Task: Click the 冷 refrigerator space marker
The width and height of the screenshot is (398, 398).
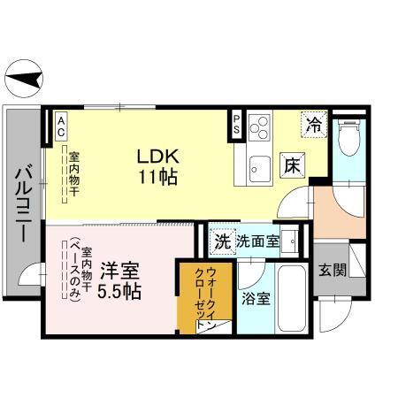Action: (x=313, y=125)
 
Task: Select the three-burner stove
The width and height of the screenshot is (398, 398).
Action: (x=259, y=130)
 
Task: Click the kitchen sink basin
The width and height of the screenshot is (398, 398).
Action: (x=260, y=164)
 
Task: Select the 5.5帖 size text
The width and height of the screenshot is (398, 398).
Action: (x=117, y=290)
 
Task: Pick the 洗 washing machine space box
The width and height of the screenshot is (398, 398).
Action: (x=222, y=241)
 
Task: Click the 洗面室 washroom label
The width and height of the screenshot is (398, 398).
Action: (x=257, y=241)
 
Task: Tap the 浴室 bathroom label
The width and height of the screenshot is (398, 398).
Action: (x=256, y=298)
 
